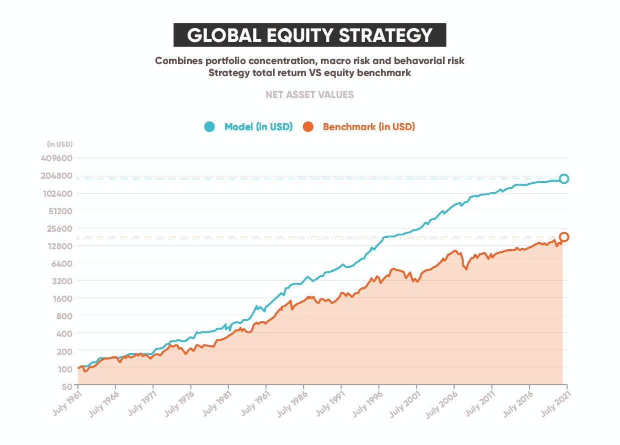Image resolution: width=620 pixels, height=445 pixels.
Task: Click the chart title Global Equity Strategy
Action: point(309,35)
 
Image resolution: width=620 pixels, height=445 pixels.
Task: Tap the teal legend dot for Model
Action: point(209,127)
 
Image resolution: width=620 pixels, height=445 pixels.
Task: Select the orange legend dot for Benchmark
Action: point(308,127)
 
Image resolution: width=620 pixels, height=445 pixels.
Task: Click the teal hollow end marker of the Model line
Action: point(564,179)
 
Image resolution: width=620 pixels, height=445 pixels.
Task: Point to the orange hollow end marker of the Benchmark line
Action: point(564,237)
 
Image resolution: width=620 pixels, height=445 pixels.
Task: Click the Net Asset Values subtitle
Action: point(309,95)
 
